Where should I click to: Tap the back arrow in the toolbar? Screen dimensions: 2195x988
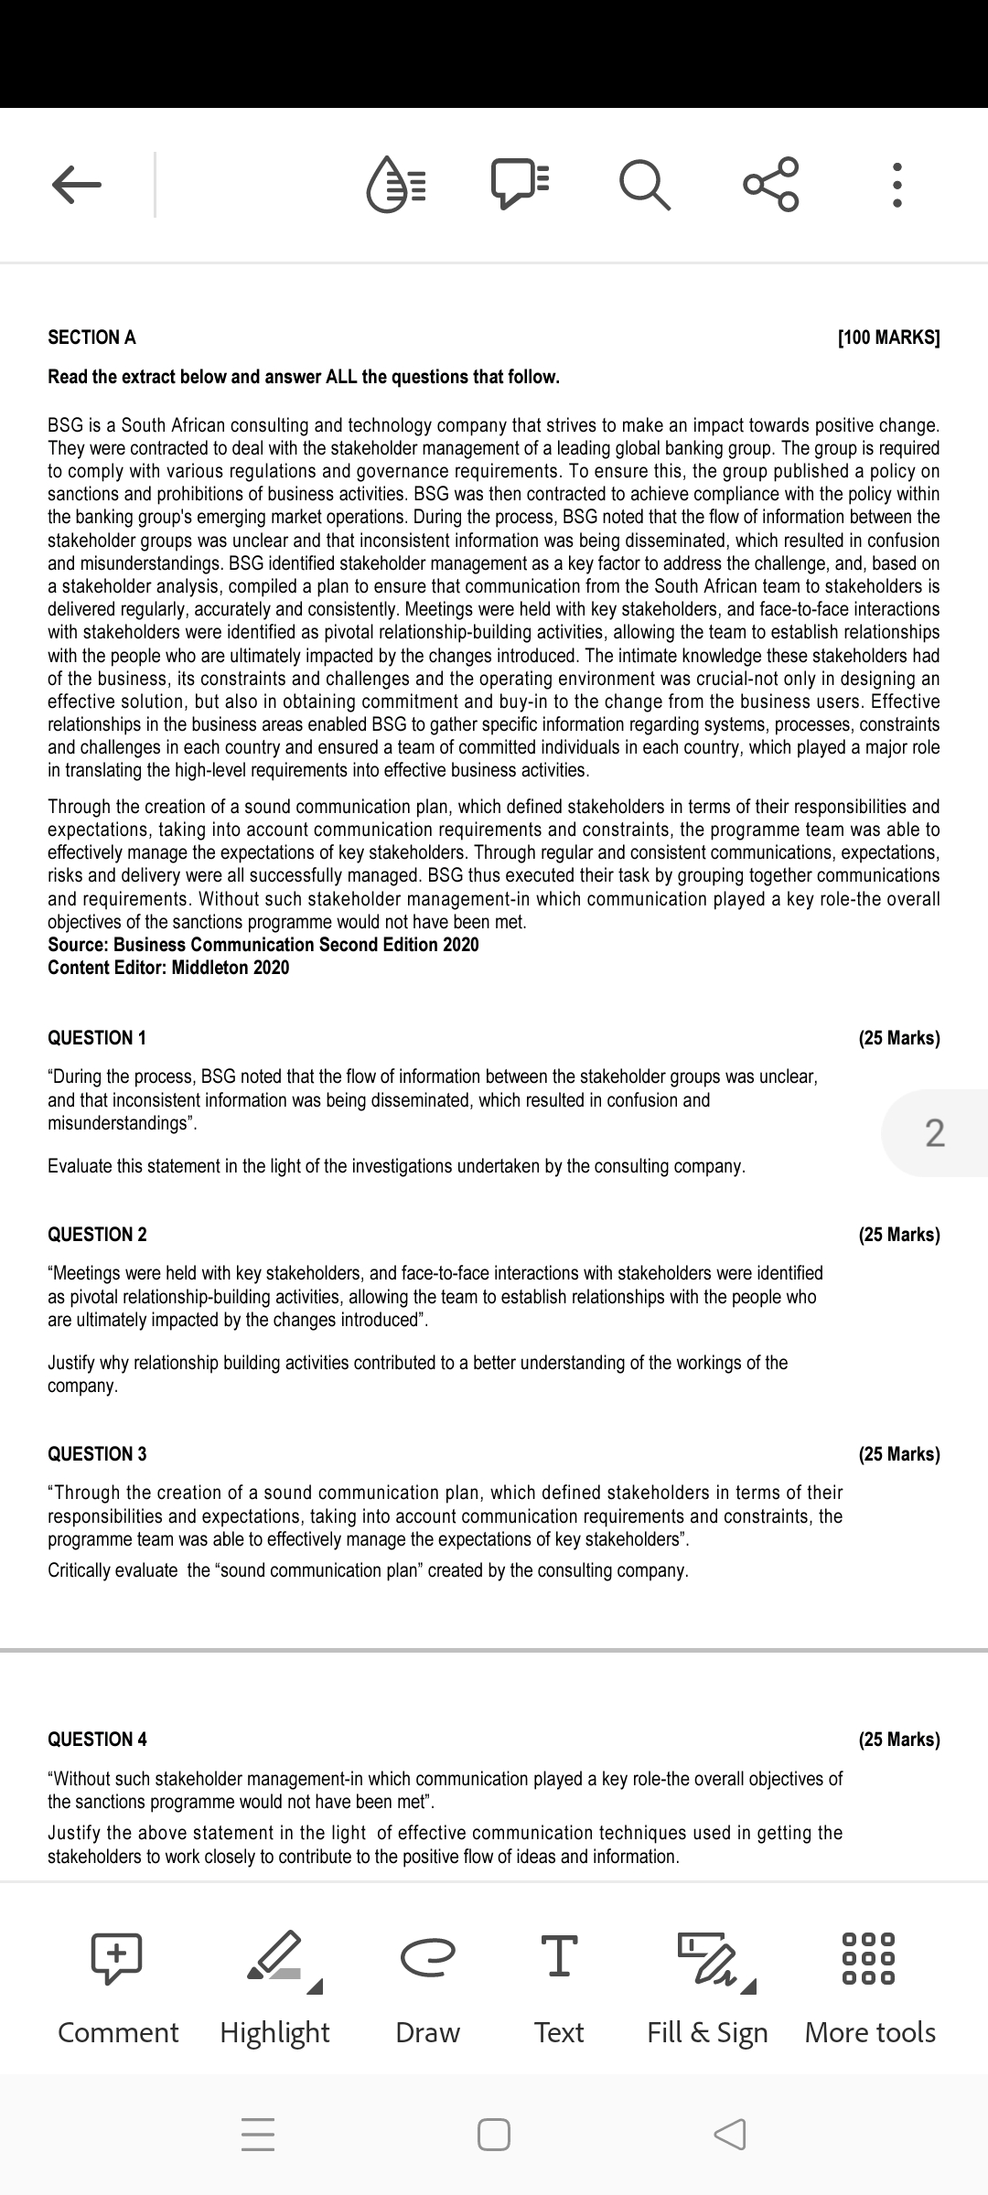(x=76, y=186)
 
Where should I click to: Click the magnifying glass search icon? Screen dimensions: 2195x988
(x=645, y=186)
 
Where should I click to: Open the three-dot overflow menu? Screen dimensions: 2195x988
(x=897, y=186)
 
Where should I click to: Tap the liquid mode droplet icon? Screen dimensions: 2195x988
(x=396, y=186)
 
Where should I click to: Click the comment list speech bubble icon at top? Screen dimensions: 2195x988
(x=520, y=184)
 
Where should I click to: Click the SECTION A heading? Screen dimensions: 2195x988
(x=91, y=337)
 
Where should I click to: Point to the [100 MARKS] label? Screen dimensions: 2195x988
(x=888, y=337)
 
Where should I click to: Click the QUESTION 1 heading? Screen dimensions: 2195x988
(x=97, y=1038)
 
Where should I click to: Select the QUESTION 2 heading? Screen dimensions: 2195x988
(x=97, y=1235)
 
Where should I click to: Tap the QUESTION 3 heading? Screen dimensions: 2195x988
(x=97, y=1454)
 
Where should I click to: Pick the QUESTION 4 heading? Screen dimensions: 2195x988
(x=97, y=1740)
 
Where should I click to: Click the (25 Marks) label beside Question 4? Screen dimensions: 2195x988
(x=898, y=1740)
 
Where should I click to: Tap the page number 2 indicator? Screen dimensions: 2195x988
(x=934, y=1133)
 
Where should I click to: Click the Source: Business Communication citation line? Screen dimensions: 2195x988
(x=263, y=945)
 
